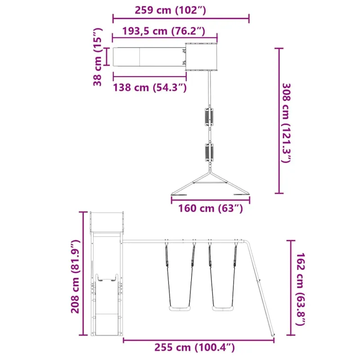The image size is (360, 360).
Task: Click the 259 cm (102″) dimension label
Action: (x=170, y=10)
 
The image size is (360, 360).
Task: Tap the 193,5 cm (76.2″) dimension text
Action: (x=163, y=31)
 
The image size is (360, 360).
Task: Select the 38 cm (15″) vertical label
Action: (x=97, y=57)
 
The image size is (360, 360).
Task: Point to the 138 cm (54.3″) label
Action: (x=150, y=87)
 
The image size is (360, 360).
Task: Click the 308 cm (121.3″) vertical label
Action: (x=286, y=123)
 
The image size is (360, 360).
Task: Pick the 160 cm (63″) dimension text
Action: (x=211, y=208)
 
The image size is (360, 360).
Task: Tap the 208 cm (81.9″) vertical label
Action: (x=75, y=276)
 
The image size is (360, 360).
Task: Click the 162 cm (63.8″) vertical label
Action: (x=300, y=289)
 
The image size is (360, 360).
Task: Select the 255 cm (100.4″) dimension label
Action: (x=194, y=347)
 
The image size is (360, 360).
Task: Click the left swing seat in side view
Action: (x=180, y=308)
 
